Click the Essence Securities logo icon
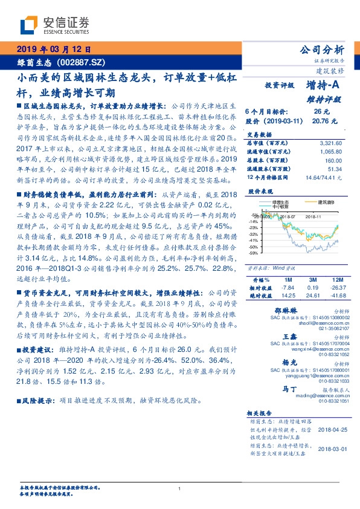click(x=30, y=25)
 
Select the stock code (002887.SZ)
click(x=82, y=62)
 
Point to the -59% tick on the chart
click(x=253, y=253)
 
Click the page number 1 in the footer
click(x=180, y=488)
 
